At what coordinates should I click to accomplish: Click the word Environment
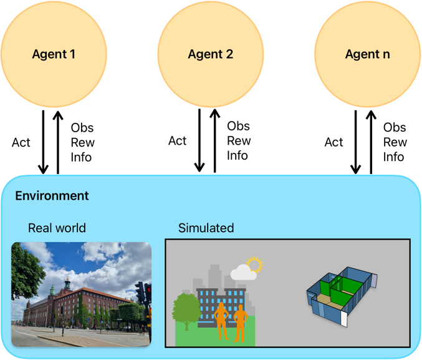pyautogui.click(x=52, y=196)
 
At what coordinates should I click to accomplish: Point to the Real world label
pyautogui.click(x=57, y=228)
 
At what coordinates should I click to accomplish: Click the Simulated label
pyautogui.click(x=206, y=228)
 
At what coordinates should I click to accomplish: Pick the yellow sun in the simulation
pyautogui.click(x=254, y=265)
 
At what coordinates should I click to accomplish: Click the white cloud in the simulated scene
pyautogui.click(x=243, y=273)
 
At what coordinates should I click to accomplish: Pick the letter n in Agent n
pyautogui.click(x=386, y=55)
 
